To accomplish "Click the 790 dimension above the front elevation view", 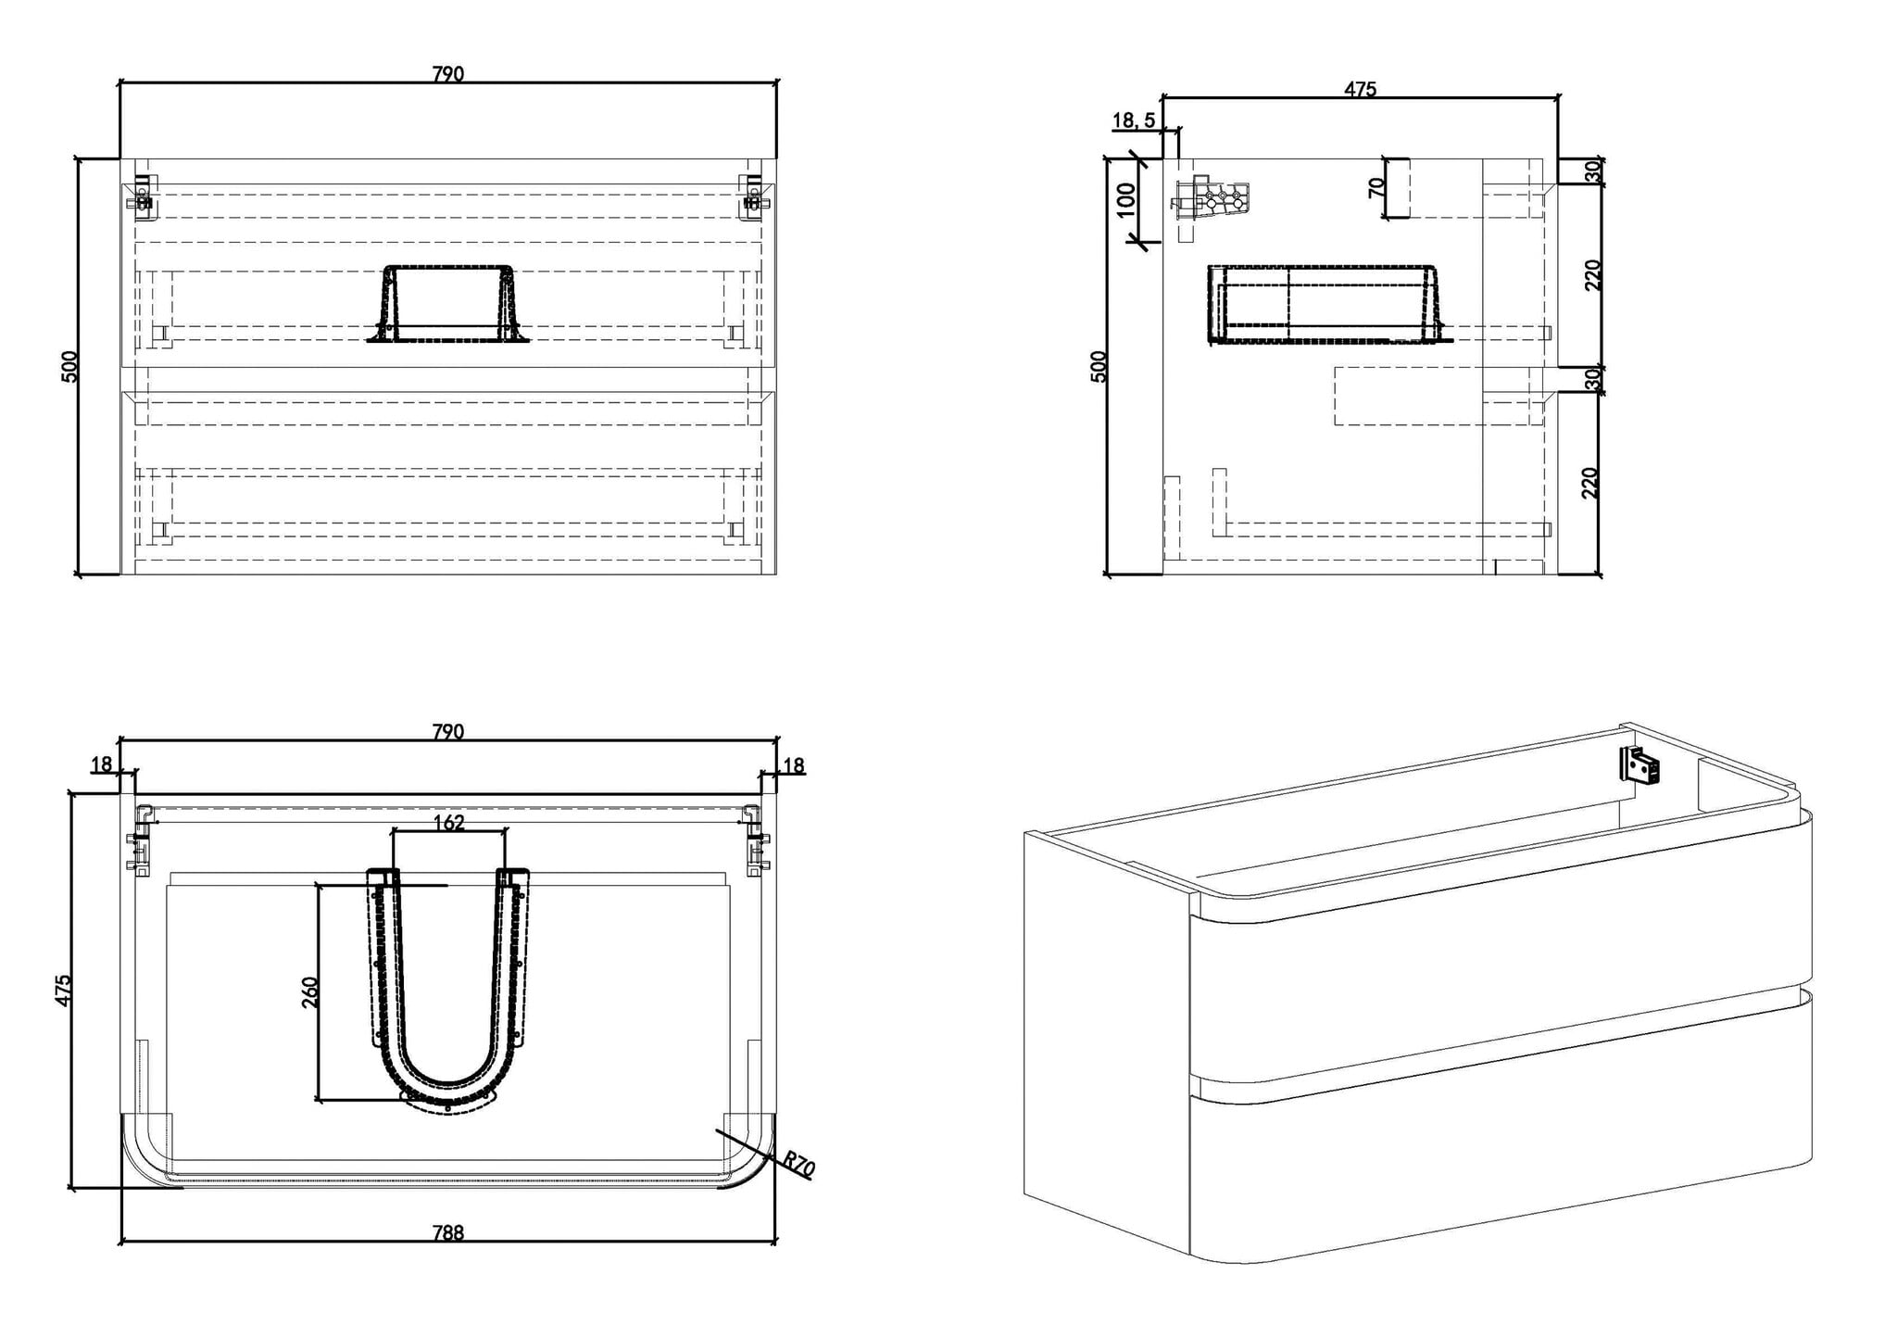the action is coord(448,73).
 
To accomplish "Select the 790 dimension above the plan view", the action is coord(448,731).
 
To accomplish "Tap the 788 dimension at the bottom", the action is coord(448,1232).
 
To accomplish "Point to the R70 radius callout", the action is coord(798,1165).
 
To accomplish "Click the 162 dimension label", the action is coord(449,822).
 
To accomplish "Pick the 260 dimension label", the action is coord(310,991).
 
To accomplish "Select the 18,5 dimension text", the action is coord(1134,120).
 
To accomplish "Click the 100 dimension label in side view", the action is coord(1125,199).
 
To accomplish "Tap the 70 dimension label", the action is coord(1376,186).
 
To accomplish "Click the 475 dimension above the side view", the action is coord(1361,89).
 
